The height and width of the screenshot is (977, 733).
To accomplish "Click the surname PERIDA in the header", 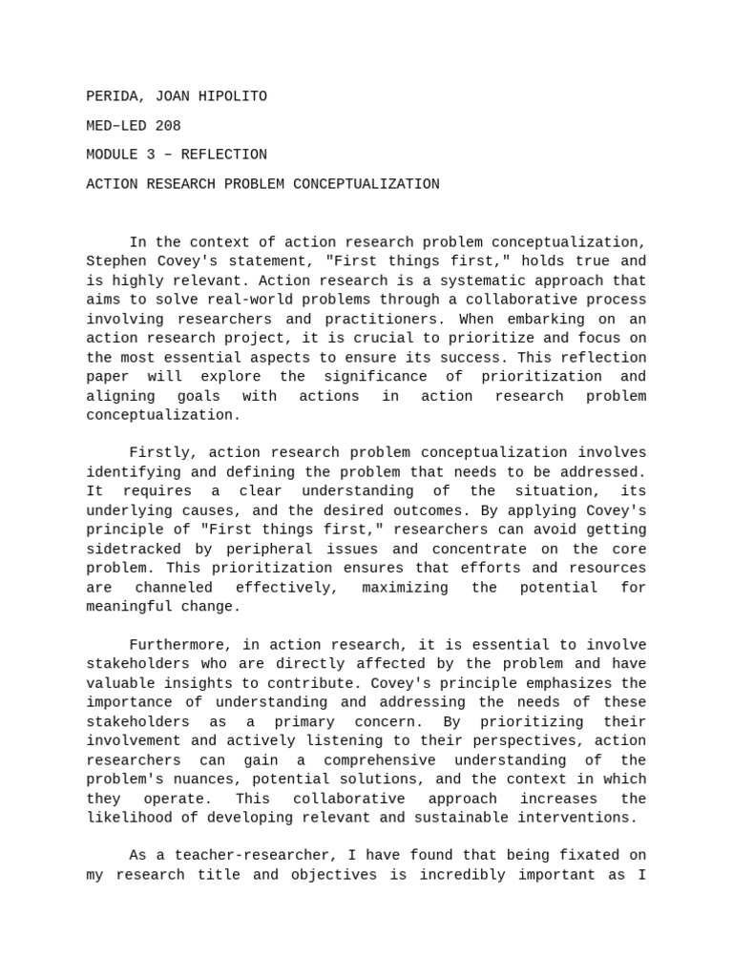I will click(110, 96).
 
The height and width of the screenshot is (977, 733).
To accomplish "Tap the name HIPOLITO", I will click(233, 96).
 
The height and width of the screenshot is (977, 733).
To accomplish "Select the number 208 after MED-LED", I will click(168, 126).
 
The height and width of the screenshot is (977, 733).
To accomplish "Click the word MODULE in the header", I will click(113, 155).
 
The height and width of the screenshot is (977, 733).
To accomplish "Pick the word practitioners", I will click(379, 320).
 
